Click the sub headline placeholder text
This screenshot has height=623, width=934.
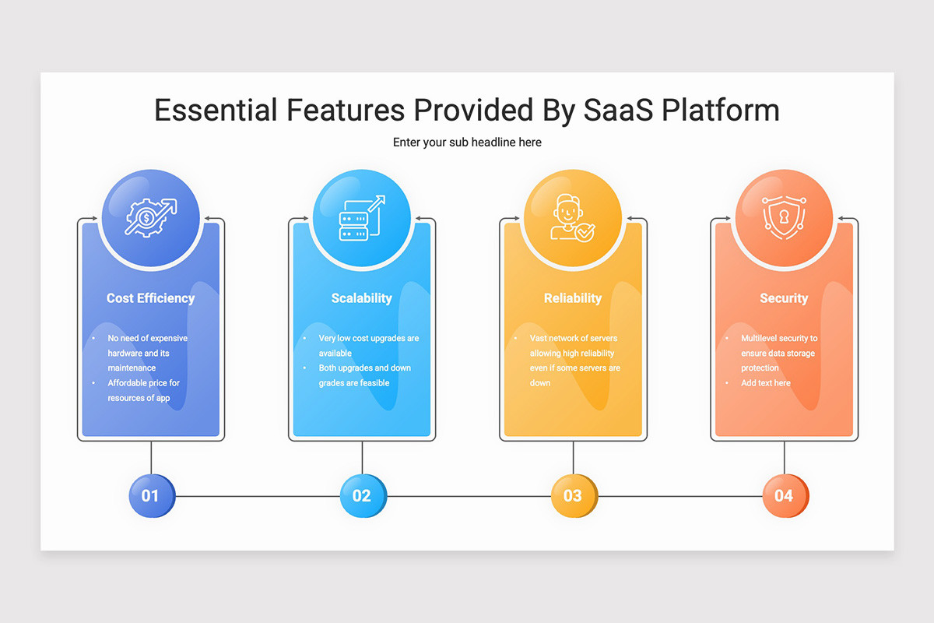click(467, 143)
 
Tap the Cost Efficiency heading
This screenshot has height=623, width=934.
click(151, 298)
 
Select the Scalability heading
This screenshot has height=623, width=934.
click(362, 298)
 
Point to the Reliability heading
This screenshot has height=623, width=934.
click(573, 298)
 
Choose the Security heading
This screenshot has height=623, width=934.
click(784, 298)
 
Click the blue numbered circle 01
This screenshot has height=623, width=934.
click(151, 496)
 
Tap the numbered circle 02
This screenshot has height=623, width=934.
click(362, 496)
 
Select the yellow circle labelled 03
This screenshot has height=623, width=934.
click(573, 496)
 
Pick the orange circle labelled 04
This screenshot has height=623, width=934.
click(784, 496)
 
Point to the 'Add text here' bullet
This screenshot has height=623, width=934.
click(766, 383)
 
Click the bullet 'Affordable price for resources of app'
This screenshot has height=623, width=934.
click(143, 391)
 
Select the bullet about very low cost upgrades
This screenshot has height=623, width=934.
click(368, 346)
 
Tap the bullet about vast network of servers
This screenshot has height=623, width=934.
click(574, 361)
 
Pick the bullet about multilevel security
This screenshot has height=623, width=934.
click(778, 353)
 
